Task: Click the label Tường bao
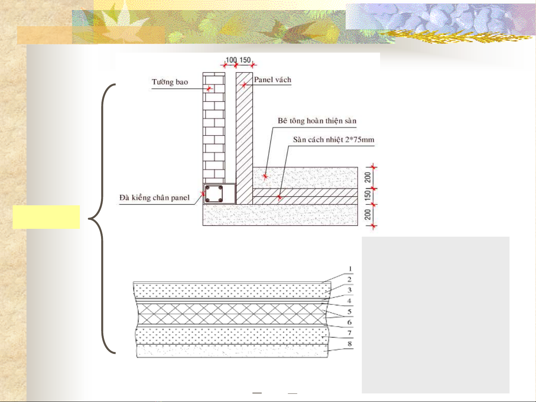(x=170, y=82)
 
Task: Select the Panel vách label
(x=273, y=80)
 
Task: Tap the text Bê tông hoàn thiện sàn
(x=317, y=121)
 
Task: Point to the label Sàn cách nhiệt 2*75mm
(x=333, y=140)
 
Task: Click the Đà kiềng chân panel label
(x=154, y=198)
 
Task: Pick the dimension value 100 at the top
(x=231, y=60)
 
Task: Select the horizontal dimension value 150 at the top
(x=245, y=60)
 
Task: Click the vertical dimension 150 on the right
(x=368, y=196)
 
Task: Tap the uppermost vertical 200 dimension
(x=368, y=177)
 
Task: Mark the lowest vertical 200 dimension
(x=368, y=215)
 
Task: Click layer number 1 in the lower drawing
(x=350, y=269)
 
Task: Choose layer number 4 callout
(x=350, y=301)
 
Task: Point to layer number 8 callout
(x=350, y=344)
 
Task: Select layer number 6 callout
(x=350, y=322)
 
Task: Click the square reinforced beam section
(x=214, y=194)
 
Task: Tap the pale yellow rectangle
(x=46, y=217)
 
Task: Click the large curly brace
(x=102, y=219)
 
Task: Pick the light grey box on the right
(x=435, y=315)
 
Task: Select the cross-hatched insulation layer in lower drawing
(x=232, y=314)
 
